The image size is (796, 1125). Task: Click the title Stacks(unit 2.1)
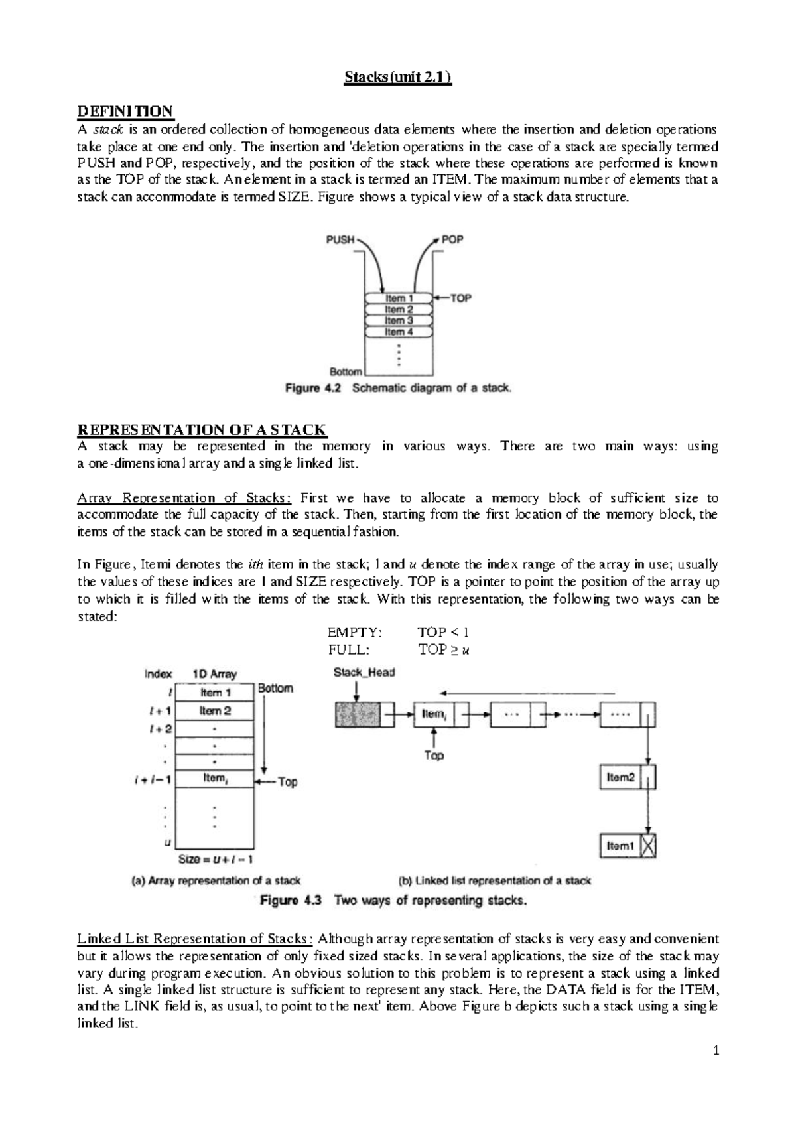397,78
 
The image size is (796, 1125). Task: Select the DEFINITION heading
125,111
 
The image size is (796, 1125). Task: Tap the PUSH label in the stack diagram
340,239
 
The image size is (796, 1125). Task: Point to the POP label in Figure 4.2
452,239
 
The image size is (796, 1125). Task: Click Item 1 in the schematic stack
399,298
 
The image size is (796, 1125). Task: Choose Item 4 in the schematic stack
399,332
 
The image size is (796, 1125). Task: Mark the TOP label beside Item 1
460,298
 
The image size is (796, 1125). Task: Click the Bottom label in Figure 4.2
346,371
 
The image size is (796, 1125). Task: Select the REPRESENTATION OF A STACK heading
202,429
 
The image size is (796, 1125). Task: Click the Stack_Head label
364,673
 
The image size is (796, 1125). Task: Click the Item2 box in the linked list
621,777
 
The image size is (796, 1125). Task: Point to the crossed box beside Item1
648,846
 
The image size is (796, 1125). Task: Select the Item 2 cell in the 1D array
216,711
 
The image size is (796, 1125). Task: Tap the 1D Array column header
214,674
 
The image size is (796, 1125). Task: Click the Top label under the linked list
434,755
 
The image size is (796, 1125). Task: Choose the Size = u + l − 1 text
216,859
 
